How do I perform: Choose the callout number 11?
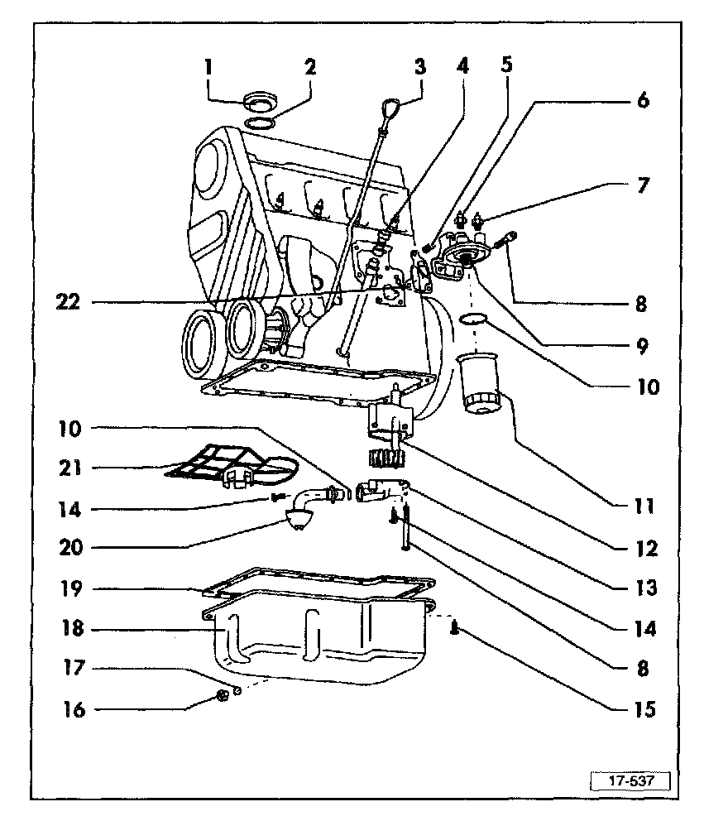coord(643,505)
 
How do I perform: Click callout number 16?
coord(74,709)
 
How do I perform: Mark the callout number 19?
coord(74,589)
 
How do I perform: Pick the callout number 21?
coord(74,468)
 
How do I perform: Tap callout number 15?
coord(643,709)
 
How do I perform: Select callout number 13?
coord(643,588)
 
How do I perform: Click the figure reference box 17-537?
coord(629,781)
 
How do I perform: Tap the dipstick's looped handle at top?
coord(394,108)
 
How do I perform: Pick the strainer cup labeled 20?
coord(297,521)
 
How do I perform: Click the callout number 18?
coord(74,629)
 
